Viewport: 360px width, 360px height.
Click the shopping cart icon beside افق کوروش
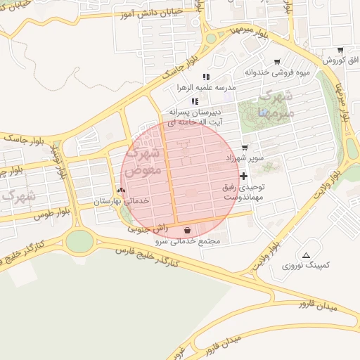point(340,50)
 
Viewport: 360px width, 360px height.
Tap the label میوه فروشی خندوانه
point(277,72)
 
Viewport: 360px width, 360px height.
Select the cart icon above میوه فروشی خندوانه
point(277,62)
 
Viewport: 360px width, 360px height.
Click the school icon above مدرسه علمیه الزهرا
point(206,77)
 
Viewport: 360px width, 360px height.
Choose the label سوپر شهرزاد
point(245,158)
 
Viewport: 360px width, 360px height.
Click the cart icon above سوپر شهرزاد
point(244,148)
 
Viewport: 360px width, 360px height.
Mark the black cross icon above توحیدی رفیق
point(244,176)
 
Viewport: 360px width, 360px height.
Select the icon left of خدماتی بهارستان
point(121,190)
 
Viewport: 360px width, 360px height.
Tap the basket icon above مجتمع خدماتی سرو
point(187,230)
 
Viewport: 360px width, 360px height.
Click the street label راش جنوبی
point(148,229)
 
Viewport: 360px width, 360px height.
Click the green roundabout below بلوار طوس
point(79,241)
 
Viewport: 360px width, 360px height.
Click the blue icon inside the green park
point(263,113)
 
